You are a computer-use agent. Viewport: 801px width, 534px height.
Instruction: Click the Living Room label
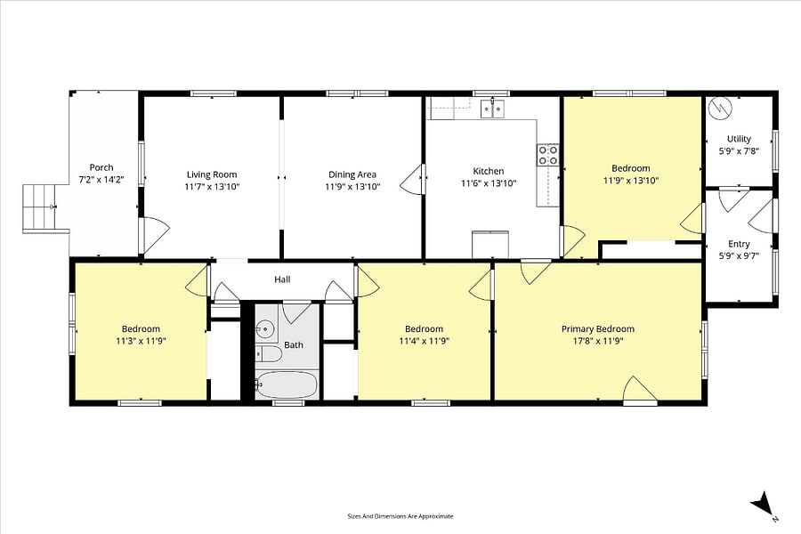pos(212,174)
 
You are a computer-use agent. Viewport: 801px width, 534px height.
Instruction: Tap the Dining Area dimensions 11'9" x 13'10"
pos(352,187)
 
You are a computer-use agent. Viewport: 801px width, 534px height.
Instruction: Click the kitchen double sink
pos(492,109)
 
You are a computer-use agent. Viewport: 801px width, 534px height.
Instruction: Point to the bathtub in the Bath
pos(287,385)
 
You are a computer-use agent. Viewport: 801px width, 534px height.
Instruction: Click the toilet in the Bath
pos(268,354)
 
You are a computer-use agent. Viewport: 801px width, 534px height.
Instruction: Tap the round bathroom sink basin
pos(265,328)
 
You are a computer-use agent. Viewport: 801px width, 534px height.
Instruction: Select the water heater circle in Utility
pos(719,109)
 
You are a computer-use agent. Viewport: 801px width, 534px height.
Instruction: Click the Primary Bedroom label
pos(598,329)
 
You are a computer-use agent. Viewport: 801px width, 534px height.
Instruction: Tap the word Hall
pos(282,279)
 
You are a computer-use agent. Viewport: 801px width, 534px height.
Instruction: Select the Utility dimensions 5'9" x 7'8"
pos(739,151)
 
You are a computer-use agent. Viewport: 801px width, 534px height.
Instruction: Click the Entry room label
pos(739,244)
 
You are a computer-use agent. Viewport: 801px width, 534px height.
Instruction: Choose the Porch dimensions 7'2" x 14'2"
pos(101,180)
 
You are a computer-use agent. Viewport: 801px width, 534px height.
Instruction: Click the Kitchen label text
pos(489,171)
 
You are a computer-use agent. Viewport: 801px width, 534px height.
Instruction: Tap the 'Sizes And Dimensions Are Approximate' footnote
pos(400,516)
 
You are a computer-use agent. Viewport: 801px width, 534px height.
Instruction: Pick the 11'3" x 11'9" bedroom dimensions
pos(141,342)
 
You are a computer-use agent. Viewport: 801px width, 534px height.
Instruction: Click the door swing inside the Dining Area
pos(411,179)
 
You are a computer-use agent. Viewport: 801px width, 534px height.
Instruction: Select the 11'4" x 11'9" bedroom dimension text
pos(424,342)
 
